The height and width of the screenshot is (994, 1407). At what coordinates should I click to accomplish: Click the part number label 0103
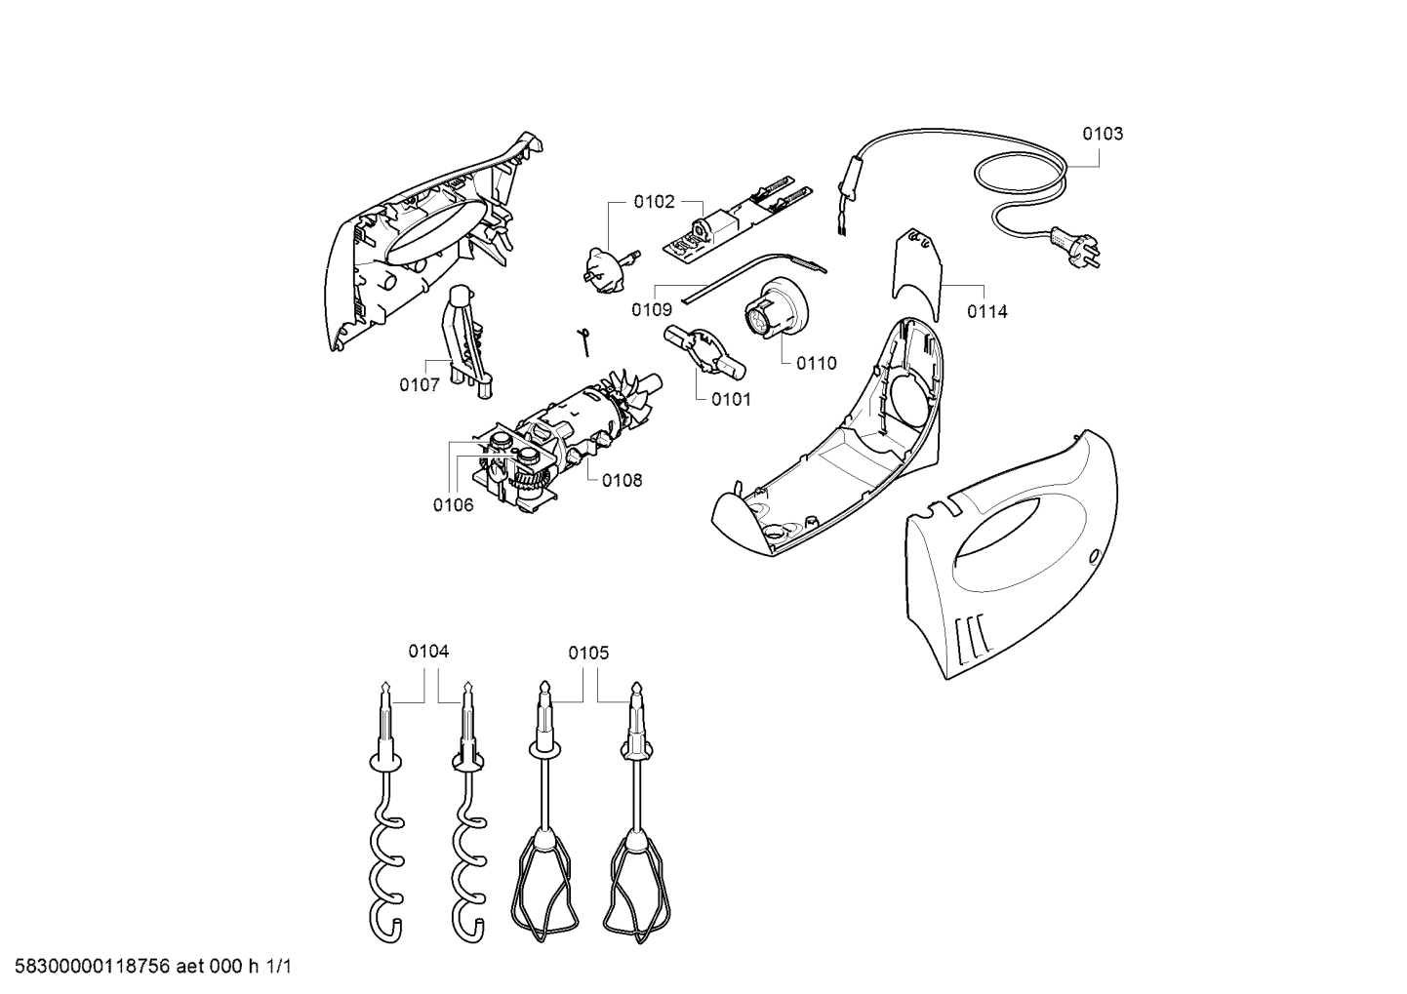click(x=1103, y=134)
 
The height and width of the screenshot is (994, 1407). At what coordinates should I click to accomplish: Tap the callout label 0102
click(x=654, y=202)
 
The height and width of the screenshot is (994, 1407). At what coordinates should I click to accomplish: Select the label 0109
click(x=652, y=310)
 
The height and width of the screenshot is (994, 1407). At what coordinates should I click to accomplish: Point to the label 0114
click(x=987, y=312)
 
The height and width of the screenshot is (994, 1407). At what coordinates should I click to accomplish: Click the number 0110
click(x=816, y=363)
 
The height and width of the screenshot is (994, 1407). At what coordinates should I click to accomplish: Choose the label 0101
click(x=731, y=399)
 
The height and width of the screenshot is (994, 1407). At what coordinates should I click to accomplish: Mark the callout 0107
click(x=419, y=384)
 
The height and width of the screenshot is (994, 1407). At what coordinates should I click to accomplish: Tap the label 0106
click(x=454, y=504)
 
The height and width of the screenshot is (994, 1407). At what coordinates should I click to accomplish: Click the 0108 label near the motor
click(x=622, y=480)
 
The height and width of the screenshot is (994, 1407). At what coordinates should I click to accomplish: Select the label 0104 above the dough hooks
click(x=428, y=652)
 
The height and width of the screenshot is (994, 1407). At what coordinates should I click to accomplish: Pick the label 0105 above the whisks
click(x=589, y=653)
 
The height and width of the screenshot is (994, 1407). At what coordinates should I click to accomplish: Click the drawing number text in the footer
click(x=147, y=967)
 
